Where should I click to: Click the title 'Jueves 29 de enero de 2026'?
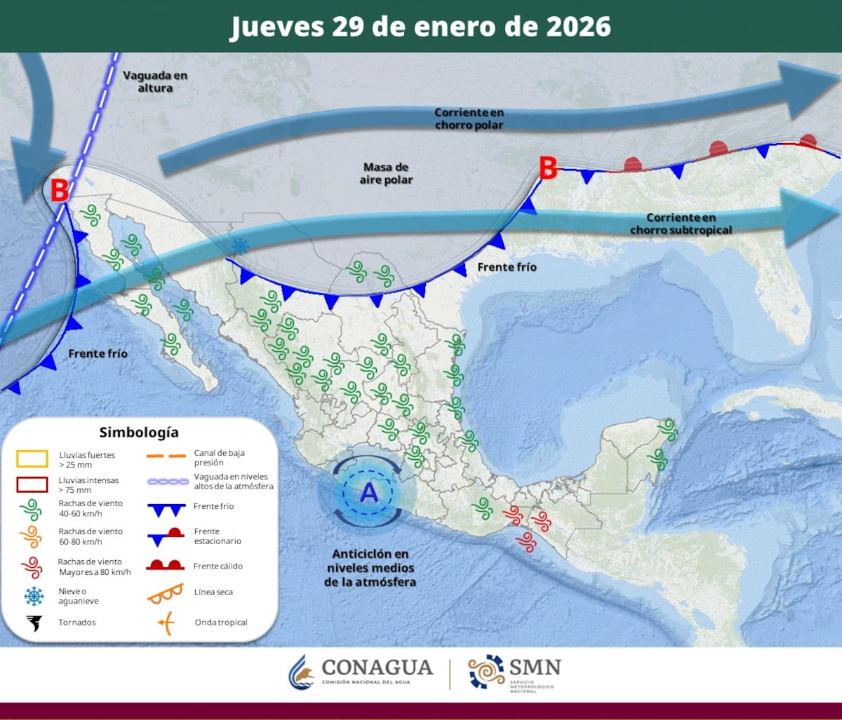(420, 26)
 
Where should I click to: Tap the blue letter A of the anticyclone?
(368, 494)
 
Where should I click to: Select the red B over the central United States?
(547, 168)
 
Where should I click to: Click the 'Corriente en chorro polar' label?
(469, 118)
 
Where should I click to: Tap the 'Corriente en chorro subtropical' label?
(681, 224)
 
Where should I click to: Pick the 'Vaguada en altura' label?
(155, 81)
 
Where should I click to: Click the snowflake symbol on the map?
(241, 245)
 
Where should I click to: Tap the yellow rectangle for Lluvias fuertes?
(32, 459)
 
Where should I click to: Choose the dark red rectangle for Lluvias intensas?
(32, 484)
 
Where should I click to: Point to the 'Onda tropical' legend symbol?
(166, 622)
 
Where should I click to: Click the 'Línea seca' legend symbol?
(165, 594)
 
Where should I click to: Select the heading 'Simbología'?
(139, 433)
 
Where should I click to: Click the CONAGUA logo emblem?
(302, 672)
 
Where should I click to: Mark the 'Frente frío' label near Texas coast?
(507, 267)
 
